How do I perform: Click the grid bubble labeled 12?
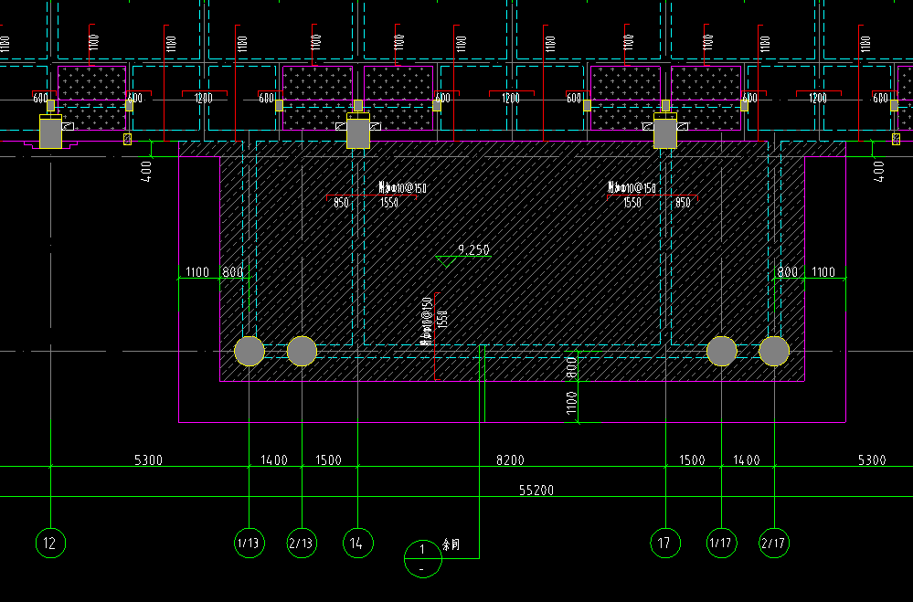point(50,544)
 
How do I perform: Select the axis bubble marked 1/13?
point(249,544)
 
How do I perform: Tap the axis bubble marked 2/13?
point(302,544)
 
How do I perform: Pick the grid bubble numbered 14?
point(357,544)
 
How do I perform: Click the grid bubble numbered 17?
point(665,544)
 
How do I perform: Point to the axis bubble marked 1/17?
point(721,544)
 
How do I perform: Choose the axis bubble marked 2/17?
point(774,544)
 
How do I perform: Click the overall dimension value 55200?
point(536,491)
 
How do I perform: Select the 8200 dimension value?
point(510,460)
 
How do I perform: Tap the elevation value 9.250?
point(473,249)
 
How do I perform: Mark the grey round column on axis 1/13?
point(249,351)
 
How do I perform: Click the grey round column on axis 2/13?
point(302,351)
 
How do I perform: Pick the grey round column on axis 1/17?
point(721,351)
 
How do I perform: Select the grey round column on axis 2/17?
point(774,351)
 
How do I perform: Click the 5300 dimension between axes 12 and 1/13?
point(148,460)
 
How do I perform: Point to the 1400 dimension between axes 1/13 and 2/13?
point(274,460)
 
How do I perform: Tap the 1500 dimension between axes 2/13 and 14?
point(328,460)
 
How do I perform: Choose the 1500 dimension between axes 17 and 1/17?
point(692,460)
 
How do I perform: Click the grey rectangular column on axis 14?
point(357,133)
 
